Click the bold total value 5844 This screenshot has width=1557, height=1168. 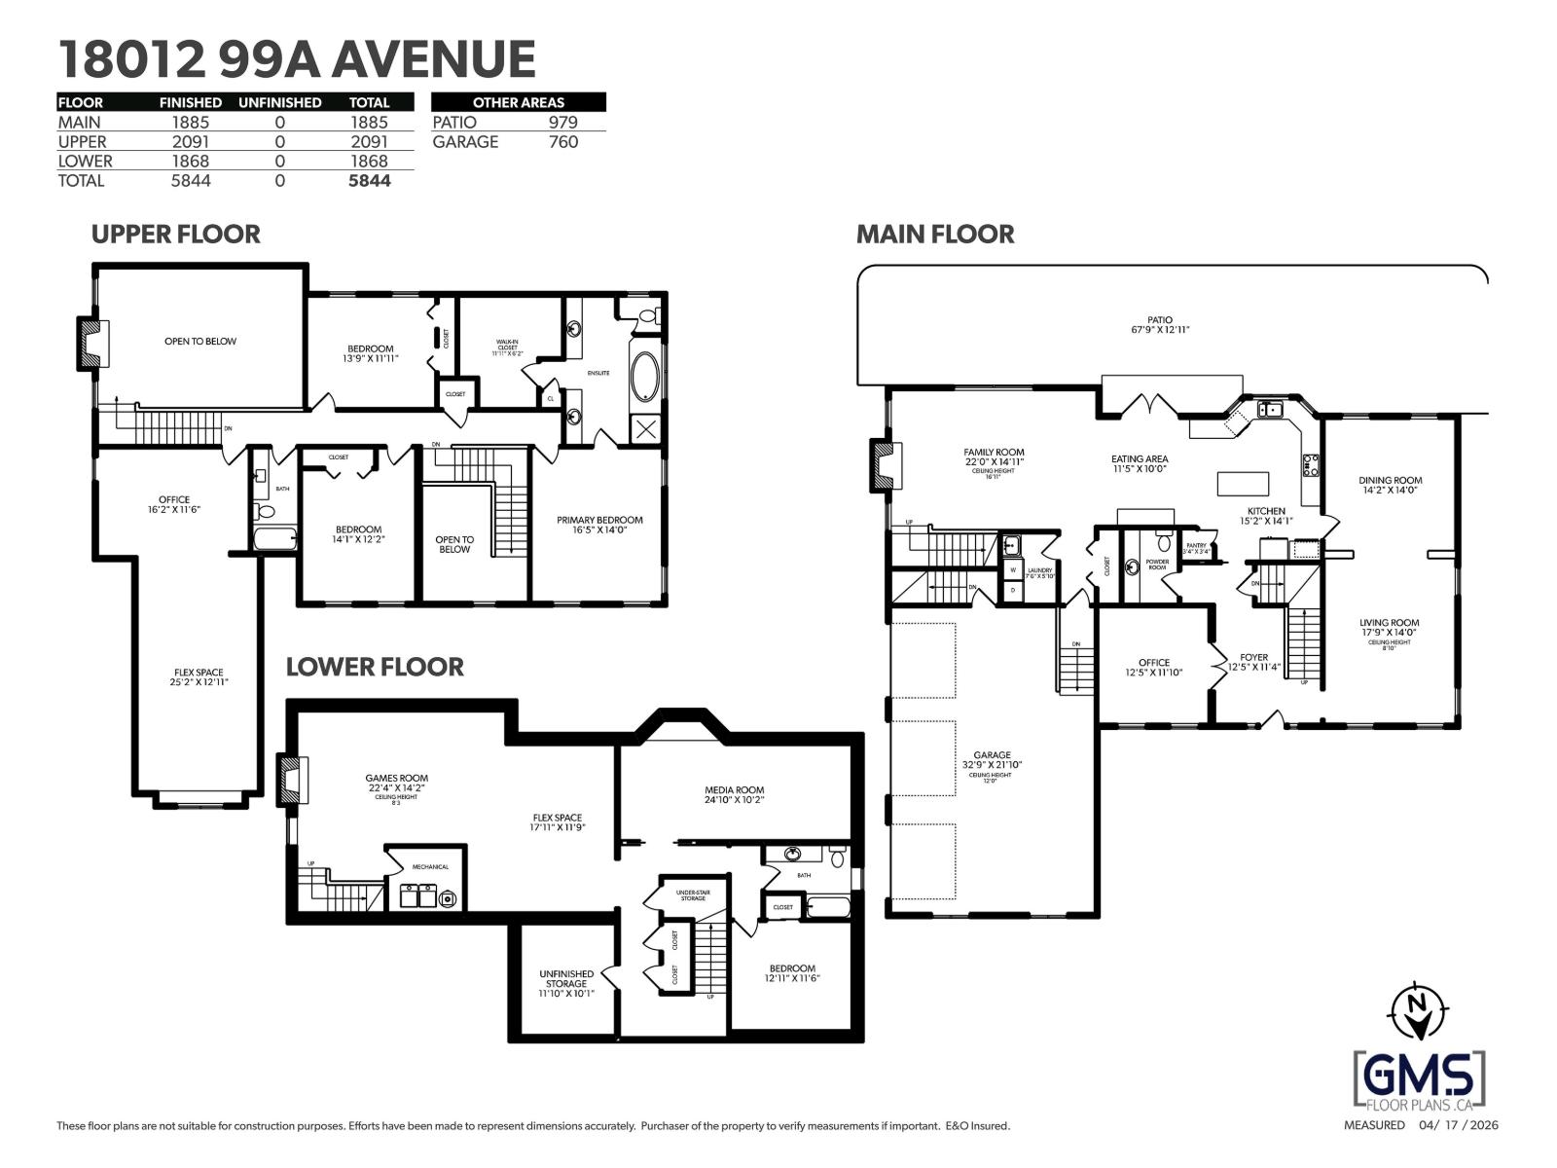(369, 181)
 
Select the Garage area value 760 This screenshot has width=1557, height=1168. (562, 142)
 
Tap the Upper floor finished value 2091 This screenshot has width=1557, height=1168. (190, 142)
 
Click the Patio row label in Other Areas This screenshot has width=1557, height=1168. (454, 123)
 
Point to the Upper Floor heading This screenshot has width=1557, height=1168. (175, 235)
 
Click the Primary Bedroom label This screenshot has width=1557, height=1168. (599, 520)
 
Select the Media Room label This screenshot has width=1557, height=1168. (734, 790)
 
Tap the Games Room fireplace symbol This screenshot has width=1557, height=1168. (291, 780)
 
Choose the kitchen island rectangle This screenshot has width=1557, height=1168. (1243, 484)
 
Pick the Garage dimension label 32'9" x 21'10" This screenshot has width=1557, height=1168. (992, 765)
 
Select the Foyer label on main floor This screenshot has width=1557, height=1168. (1253, 657)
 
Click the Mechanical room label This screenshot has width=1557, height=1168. (430, 866)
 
